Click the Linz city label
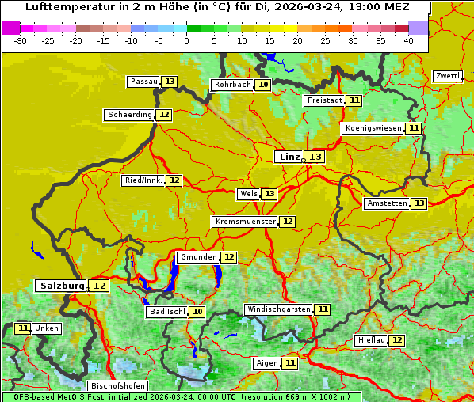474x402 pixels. tap(289, 157)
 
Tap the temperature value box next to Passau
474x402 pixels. tap(170, 82)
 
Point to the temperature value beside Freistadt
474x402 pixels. tap(354, 100)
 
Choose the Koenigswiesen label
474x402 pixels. tap(373, 128)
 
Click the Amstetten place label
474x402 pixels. tap(387, 203)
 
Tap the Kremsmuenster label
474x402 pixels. tap(245, 222)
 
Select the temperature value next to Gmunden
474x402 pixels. tap(228, 257)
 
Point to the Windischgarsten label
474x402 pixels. tap(278, 309)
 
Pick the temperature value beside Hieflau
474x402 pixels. tap(397, 340)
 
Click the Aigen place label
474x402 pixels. tap(267, 363)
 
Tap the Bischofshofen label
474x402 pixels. tap(117, 386)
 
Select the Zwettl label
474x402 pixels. tap(448, 76)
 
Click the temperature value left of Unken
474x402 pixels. tap(23, 328)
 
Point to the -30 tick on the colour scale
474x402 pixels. tap(21, 40)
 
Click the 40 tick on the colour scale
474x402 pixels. tap(408, 40)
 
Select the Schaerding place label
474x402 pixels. tap(130, 115)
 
